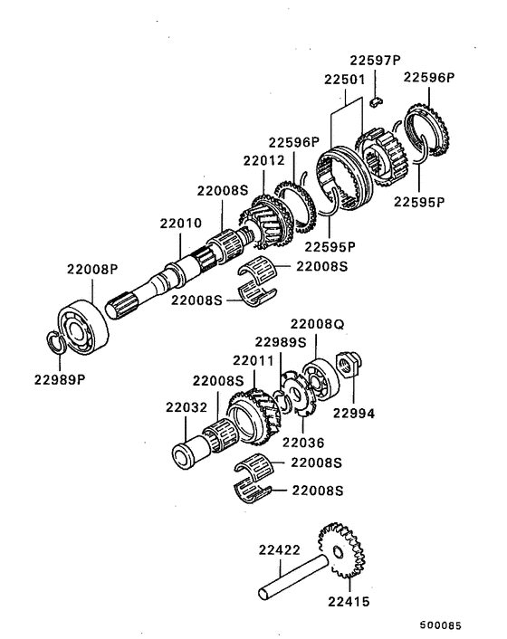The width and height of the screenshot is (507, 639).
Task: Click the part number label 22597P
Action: (x=374, y=61)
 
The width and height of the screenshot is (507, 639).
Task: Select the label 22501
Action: (x=344, y=80)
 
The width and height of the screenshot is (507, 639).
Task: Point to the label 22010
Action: (x=183, y=223)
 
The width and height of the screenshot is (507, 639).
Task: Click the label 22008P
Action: (x=91, y=269)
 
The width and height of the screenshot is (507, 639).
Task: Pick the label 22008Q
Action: (x=317, y=323)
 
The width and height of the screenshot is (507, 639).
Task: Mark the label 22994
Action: (x=353, y=414)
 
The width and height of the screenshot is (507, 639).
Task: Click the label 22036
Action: (x=302, y=443)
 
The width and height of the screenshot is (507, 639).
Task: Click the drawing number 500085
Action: (x=439, y=625)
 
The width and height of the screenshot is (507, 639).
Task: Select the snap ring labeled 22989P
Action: (x=54, y=344)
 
